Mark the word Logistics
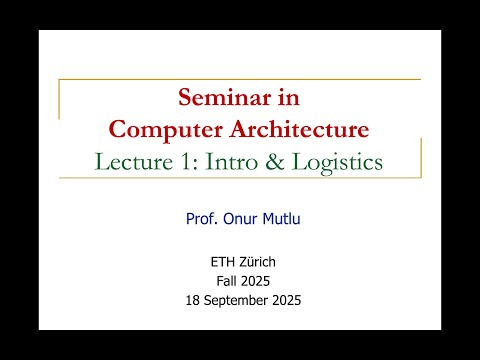(x=343, y=161)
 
